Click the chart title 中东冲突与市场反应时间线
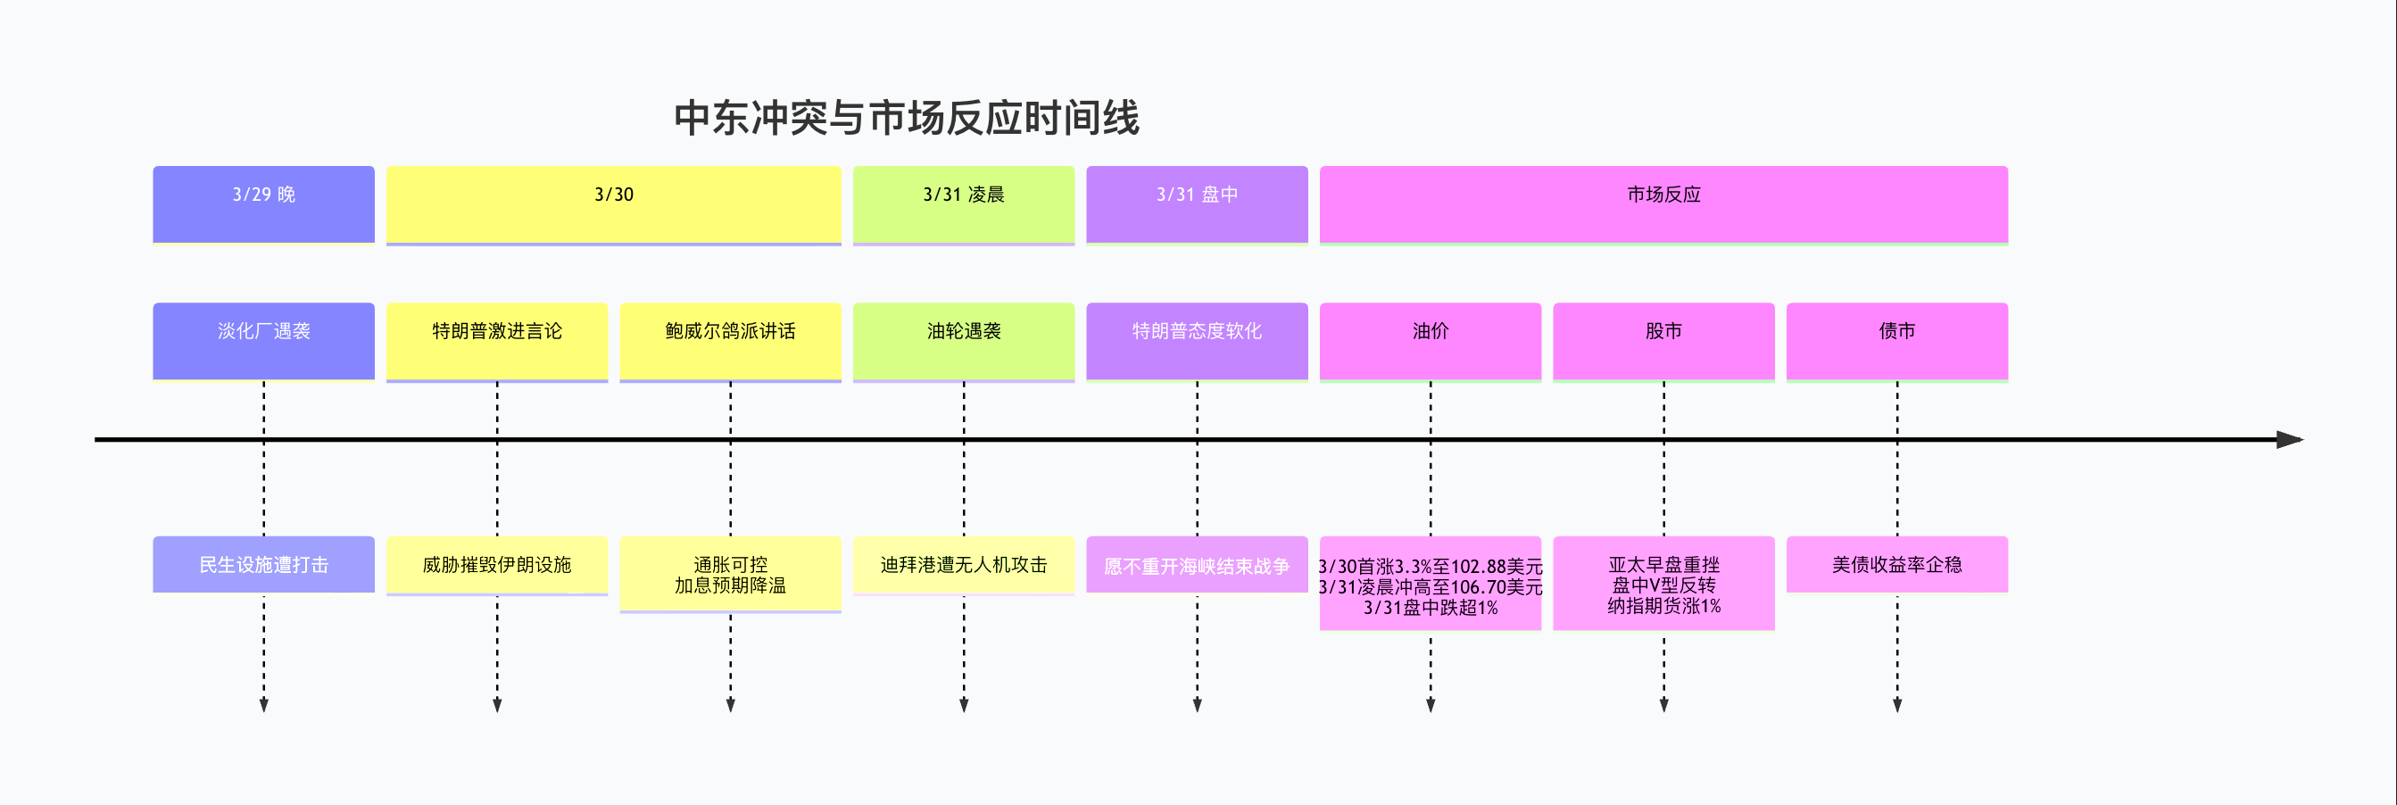coord(907,118)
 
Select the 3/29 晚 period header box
coord(263,203)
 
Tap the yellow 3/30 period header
coord(613,203)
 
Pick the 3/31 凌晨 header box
coord(963,203)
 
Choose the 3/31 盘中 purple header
coord(1197,203)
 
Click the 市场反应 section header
coord(1663,203)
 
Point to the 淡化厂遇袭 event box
coord(263,341)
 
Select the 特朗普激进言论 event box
coord(497,341)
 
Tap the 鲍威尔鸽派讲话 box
coord(731,341)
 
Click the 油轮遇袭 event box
coord(963,341)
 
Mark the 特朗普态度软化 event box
coord(1197,341)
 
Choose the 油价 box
coord(1431,341)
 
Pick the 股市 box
coord(1663,341)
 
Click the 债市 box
coord(1897,341)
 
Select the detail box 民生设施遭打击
coord(263,564)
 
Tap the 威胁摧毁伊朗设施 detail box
coord(497,565)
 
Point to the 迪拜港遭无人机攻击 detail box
coord(963,565)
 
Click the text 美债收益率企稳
coord(1897,565)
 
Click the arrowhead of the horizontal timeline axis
coord(2291,439)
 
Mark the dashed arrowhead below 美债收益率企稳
coord(1897,705)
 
